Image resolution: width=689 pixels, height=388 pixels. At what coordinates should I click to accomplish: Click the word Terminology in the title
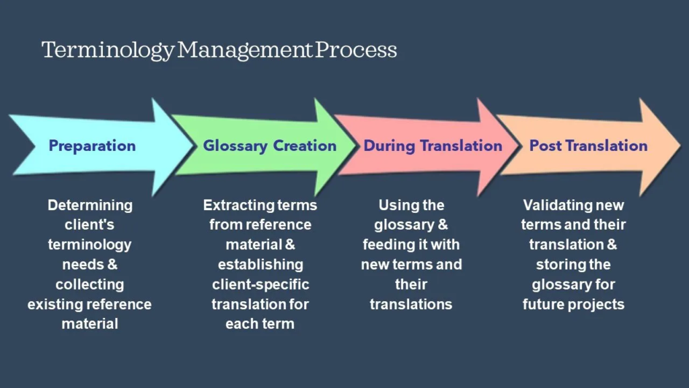pyautogui.click(x=108, y=51)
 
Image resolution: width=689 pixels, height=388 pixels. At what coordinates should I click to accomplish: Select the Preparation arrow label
pyautogui.click(x=92, y=145)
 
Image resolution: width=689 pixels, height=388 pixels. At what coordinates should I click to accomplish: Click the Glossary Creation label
pyautogui.click(x=270, y=145)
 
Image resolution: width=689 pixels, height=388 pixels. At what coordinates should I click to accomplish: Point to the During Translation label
pyautogui.click(x=433, y=145)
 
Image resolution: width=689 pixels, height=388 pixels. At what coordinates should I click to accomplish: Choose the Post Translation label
pyautogui.click(x=588, y=145)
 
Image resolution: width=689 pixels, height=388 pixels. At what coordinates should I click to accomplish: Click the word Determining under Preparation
pyautogui.click(x=90, y=205)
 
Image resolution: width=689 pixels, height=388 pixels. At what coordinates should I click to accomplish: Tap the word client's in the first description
pyautogui.click(x=90, y=224)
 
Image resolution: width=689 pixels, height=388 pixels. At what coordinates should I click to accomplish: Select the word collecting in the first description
pyautogui.click(x=90, y=284)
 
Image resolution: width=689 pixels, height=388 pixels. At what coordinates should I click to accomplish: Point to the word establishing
pyautogui.click(x=260, y=264)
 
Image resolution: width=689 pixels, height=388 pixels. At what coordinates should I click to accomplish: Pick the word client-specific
pyautogui.click(x=260, y=284)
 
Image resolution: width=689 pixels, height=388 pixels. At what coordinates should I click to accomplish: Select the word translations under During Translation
pyautogui.click(x=411, y=304)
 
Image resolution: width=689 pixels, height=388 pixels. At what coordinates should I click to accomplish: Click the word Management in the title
pyautogui.click(x=246, y=51)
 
